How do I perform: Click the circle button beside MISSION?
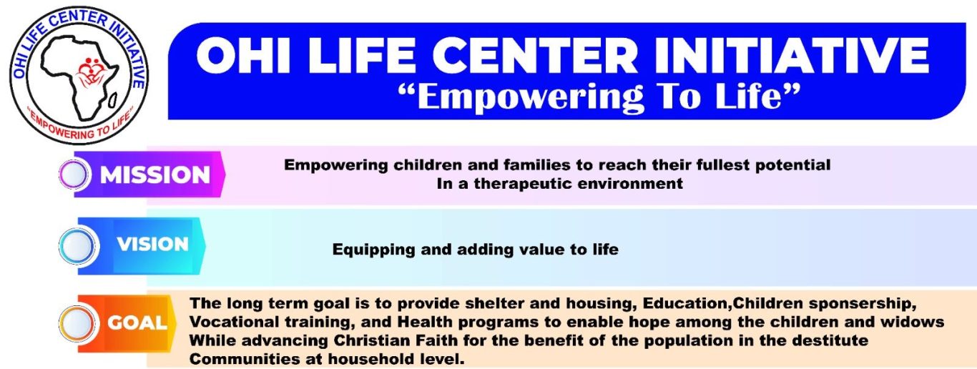coord(74,175)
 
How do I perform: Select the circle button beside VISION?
coord(79,247)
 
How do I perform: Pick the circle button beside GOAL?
coord(77,324)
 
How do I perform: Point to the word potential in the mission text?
coord(792,165)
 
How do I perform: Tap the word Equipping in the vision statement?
coord(373,250)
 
